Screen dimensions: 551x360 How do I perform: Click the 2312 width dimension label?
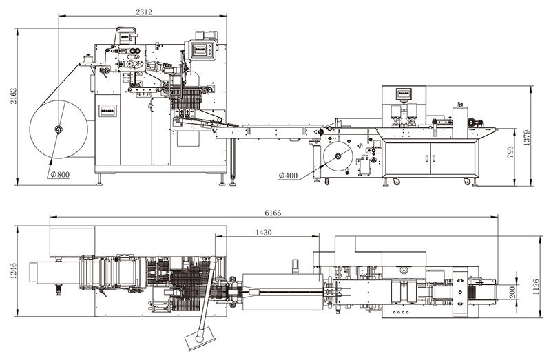click(x=144, y=12)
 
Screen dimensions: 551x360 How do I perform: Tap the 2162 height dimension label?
click(x=13, y=96)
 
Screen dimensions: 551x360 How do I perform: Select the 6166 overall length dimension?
click(x=273, y=213)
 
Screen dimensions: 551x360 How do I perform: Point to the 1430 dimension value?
click(x=264, y=232)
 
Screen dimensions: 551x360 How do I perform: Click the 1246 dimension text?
click(x=13, y=271)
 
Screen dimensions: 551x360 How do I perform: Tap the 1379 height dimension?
click(x=526, y=138)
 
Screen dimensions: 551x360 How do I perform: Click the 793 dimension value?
click(x=510, y=151)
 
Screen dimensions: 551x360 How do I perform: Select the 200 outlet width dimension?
click(x=512, y=293)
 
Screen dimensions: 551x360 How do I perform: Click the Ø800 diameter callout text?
click(x=60, y=174)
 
